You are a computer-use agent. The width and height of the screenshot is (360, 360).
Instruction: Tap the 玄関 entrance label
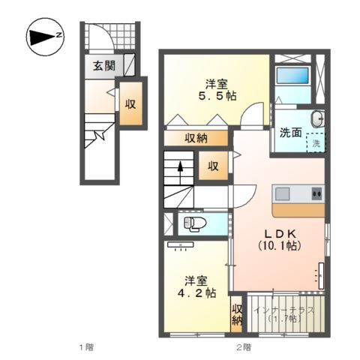click(104, 66)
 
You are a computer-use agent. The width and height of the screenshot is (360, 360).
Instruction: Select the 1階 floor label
click(88, 347)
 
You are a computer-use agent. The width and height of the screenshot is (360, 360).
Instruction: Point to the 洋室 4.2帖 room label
click(197, 287)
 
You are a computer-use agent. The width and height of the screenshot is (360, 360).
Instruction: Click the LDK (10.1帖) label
click(278, 239)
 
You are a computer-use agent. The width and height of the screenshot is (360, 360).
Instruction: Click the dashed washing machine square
click(316, 142)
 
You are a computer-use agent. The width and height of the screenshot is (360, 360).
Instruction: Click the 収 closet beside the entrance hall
click(130, 103)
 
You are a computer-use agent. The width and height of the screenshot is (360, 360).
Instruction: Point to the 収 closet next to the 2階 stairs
click(213, 166)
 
